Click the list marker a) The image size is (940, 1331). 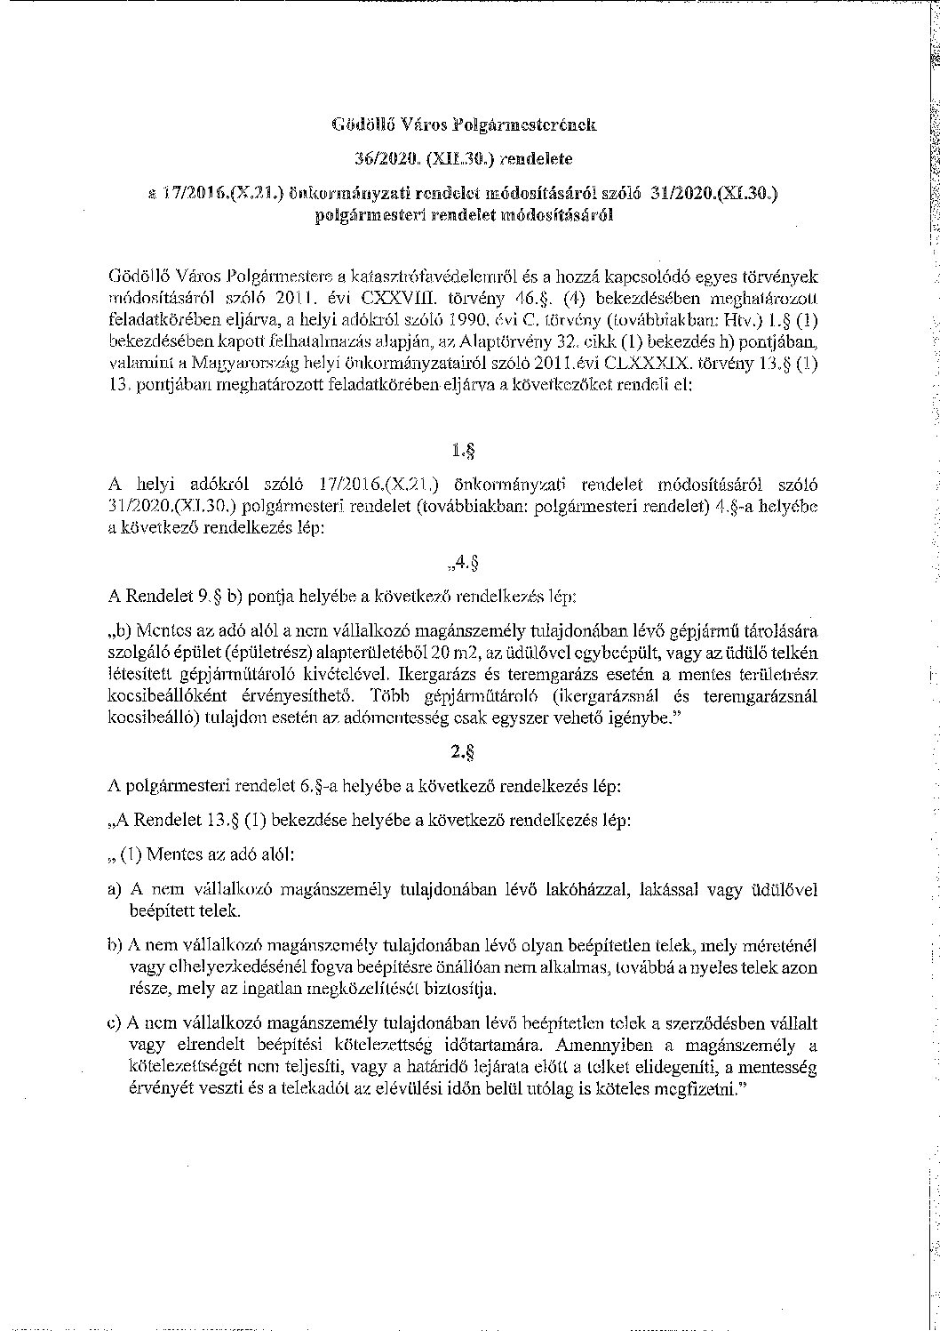click(113, 889)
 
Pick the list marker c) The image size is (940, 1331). click(113, 1023)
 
